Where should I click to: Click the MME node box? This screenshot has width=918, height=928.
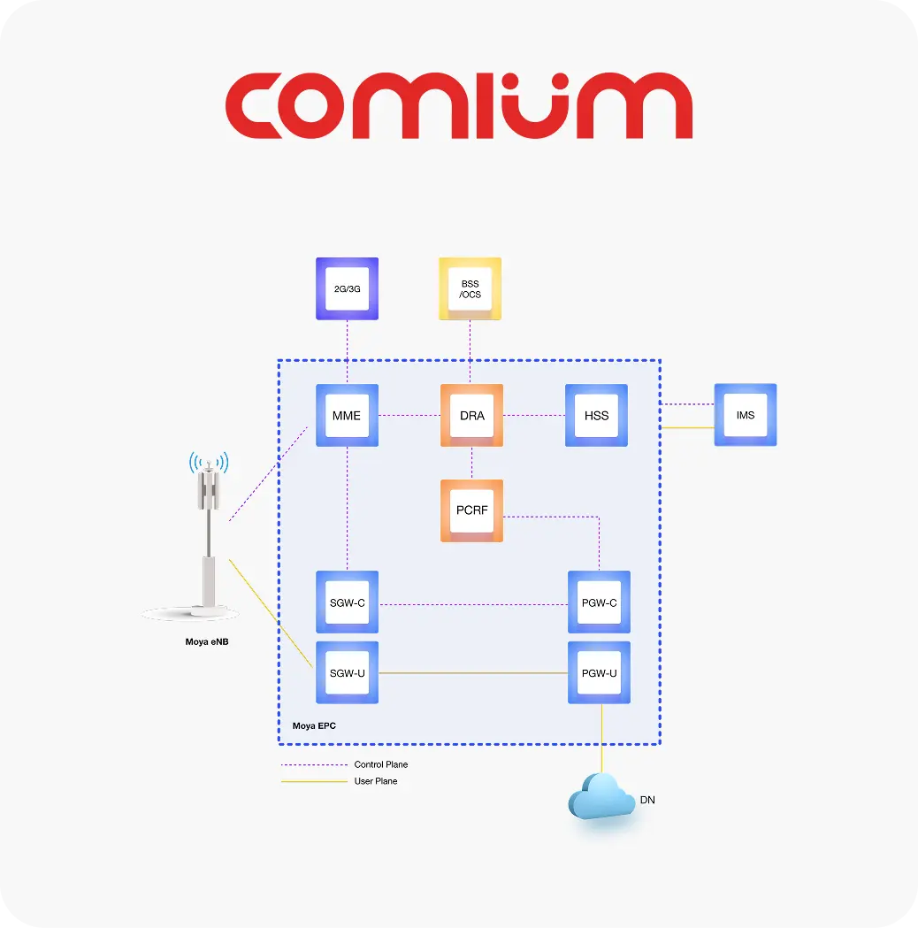(347, 415)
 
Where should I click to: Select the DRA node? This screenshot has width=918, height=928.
(471, 415)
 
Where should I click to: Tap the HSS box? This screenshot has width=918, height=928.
(596, 415)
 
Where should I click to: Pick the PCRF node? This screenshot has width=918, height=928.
(471, 510)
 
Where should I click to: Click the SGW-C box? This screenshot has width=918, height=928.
(347, 602)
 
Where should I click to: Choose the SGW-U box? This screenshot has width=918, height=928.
(347, 673)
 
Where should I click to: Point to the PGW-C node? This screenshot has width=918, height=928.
(599, 602)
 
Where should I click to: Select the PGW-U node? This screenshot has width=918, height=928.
(599, 673)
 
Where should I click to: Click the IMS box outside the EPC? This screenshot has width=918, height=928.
(745, 414)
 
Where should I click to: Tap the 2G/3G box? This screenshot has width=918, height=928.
(347, 288)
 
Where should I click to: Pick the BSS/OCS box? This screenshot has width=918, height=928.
(470, 288)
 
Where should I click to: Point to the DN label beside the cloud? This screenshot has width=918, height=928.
(647, 801)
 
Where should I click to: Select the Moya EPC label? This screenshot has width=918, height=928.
(314, 726)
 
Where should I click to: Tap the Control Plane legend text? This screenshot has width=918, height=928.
(380, 764)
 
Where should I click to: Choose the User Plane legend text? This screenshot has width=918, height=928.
(375, 781)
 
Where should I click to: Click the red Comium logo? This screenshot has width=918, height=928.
(458, 106)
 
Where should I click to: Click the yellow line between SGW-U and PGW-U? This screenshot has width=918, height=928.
(473, 673)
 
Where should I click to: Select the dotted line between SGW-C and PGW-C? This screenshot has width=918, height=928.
(473, 605)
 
